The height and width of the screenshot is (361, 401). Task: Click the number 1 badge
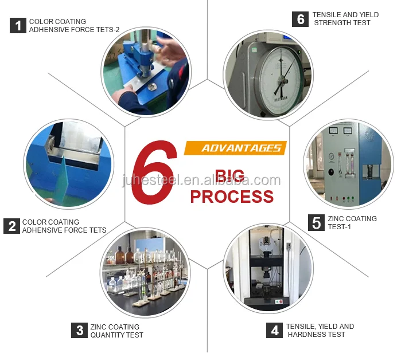click(18, 26)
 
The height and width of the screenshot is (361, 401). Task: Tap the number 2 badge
click(11, 226)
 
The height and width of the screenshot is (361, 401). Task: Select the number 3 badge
click(79, 331)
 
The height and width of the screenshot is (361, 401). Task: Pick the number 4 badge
click(274, 330)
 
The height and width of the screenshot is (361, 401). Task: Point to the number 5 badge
click(316, 223)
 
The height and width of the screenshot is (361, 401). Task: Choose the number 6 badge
click(300, 19)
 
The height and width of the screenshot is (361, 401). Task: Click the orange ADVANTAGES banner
click(235, 148)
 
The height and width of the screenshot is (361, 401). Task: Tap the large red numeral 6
click(154, 172)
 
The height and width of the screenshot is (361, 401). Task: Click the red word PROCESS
click(232, 197)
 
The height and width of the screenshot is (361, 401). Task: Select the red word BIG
click(229, 175)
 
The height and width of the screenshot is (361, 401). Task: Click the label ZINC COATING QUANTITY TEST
click(116, 331)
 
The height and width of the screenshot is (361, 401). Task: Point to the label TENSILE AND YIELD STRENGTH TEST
click(345, 19)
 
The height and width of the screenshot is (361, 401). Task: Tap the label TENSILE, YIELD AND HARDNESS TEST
click(320, 330)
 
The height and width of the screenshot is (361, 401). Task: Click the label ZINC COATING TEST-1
click(352, 222)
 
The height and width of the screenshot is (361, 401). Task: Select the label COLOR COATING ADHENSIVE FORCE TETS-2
click(74, 26)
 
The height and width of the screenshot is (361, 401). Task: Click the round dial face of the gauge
click(281, 80)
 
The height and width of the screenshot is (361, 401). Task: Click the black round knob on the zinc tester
click(331, 172)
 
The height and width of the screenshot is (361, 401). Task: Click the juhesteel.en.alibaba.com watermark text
click(201, 180)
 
